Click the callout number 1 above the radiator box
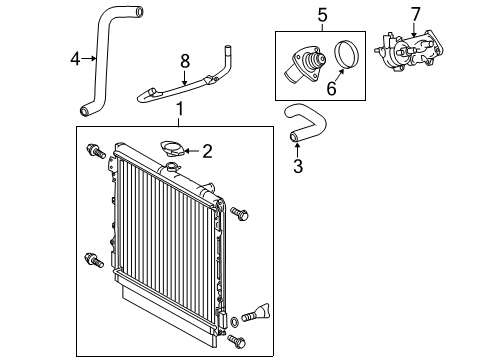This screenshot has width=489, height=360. pos(180,108)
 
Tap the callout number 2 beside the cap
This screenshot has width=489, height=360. pos(207,152)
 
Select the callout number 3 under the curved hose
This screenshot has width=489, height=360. pos(297,166)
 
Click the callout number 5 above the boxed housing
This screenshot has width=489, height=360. pos(322,14)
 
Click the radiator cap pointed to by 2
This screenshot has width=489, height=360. pos(172,151)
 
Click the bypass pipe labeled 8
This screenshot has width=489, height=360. pos(185,88)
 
